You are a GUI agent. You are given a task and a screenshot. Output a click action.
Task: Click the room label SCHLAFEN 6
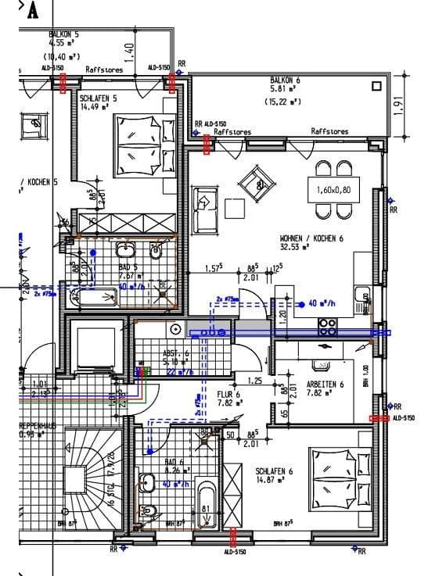(x=273, y=471)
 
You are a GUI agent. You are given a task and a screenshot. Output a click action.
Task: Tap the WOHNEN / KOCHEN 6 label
(x=311, y=238)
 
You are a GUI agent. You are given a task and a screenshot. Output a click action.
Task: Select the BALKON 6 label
(x=284, y=80)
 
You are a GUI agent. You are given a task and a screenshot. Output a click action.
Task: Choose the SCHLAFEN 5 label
(x=98, y=98)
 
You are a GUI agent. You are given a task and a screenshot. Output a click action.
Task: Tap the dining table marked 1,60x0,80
(x=333, y=190)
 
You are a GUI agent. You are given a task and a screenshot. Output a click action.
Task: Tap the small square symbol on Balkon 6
(x=376, y=87)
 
